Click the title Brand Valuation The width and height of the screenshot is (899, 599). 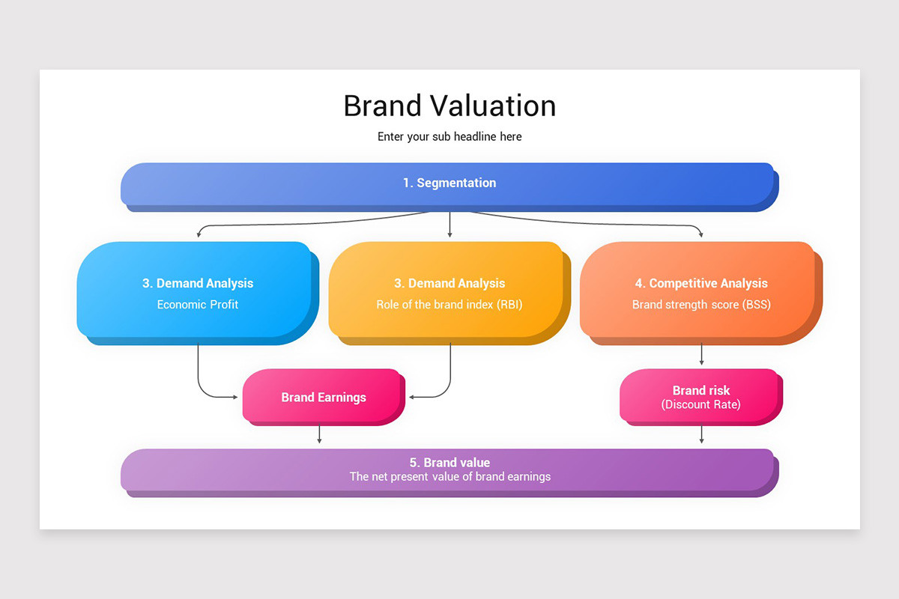(449, 106)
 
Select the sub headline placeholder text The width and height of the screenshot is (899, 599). (449, 137)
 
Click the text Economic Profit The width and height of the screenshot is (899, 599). (198, 305)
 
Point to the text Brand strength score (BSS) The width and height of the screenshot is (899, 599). (701, 305)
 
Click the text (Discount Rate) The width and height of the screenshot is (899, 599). (701, 405)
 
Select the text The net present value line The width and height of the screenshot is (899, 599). (449, 477)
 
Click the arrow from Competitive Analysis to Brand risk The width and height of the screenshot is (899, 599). (701, 355)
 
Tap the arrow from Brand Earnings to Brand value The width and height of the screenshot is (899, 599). (320, 434)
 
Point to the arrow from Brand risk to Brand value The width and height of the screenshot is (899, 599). (701, 434)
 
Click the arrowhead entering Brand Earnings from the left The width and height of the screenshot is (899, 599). (235, 397)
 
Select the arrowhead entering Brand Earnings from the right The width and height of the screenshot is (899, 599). (413, 397)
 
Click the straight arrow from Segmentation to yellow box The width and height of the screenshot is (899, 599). (449, 225)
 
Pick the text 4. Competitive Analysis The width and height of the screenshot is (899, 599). (701, 284)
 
